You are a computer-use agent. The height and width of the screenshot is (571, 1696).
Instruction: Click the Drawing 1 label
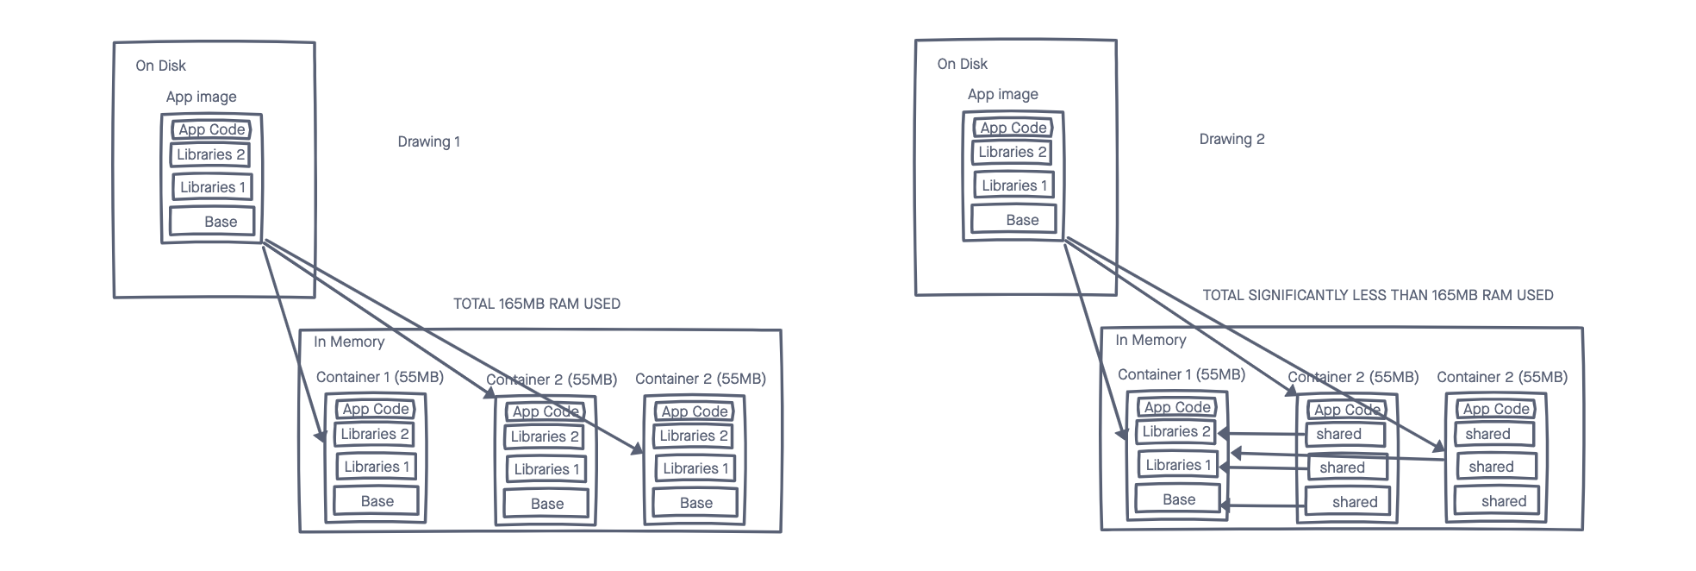[x=428, y=141]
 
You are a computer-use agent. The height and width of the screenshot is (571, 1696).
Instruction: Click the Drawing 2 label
[x=1231, y=139]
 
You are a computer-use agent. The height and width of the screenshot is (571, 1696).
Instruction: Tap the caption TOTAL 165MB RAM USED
[x=536, y=304]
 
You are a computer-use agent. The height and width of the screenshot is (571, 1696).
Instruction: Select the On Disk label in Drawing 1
[x=160, y=66]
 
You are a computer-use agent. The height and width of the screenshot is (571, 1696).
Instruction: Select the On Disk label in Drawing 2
[x=962, y=64]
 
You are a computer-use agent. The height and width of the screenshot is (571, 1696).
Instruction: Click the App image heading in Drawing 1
[x=201, y=97]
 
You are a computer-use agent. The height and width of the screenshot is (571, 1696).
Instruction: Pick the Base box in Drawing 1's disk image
[x=212, y=221]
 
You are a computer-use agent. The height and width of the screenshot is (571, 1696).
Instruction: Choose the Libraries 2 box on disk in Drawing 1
[x=210, y=154]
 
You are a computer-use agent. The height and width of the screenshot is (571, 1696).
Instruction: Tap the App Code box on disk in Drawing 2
[x=1013, y=128]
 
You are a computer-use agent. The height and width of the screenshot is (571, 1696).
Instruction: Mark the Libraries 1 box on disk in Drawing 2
[x=1013, y=185]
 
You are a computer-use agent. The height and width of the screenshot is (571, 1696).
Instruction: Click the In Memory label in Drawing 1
[x=348, y=342]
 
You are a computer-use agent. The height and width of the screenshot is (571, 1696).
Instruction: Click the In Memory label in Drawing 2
[x=1150, y=340]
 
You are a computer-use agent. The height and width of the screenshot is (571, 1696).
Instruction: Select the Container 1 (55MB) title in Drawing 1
[x=379, y=377]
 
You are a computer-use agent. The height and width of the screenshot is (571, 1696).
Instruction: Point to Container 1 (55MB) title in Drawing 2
[x=1181, y=374]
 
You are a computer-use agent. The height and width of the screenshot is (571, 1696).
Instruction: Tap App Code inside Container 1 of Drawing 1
[x=375, y=409]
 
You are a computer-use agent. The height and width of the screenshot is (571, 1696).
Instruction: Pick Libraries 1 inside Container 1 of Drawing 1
[x=377, y=467]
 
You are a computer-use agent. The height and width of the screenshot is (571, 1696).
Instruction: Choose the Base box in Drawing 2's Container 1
[x=1178, y=499]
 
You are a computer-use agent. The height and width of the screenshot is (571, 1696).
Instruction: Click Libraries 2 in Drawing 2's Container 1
[x=1176, y=431]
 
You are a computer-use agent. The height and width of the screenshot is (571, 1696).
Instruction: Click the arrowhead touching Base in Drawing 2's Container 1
[x=1225, y=506]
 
